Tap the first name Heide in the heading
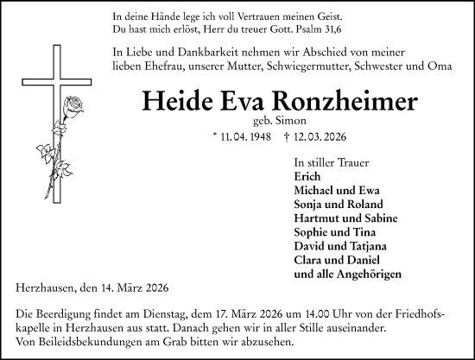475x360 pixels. point(180,101)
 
